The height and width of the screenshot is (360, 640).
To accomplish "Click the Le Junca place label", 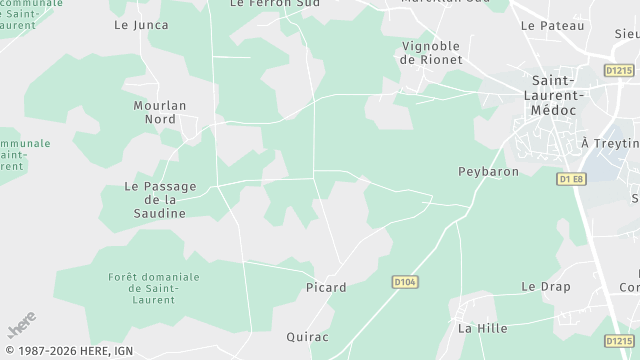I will pyautogui.click(x=140, y=25).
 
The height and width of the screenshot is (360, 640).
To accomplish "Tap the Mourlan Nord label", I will pyautogui.click(x=160, y=111).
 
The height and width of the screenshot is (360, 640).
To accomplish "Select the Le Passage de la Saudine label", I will pyautogui.click(x=160, y=200).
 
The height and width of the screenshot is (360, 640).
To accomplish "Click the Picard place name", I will pyautogui.click(x=325, y=288).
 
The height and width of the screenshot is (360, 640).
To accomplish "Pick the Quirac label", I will pyautogui.click(x=307, y=337).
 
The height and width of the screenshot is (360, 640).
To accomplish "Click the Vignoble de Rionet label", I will pyautogui.click(x=432, y=53).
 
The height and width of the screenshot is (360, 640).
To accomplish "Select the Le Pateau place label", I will pyautogui.click(x=551, y=25).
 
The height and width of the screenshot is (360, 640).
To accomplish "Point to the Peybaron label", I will pyautogui.click(x=488, y=172).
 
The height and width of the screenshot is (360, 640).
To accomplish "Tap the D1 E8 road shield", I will pyautogui.click(x=571, y=179).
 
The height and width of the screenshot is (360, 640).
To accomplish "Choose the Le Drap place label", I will pyautogui.click(x=545, y=287).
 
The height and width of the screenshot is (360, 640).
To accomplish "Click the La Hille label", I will pyautogui.click(x=482, y=328).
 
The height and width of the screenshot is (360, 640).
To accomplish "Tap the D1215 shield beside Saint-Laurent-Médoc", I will pyautogui.click(x=619, y=70).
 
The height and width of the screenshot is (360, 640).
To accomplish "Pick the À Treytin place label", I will pyautogui.click(x=610, y=144).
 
